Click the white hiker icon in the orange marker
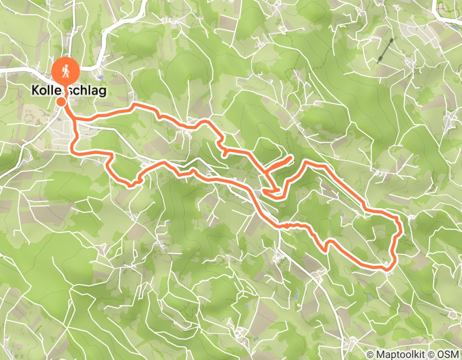click(x=66, y=71)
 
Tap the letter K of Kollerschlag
click(x=35, y=91)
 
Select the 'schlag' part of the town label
click(x=88, y=91)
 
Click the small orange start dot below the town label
click(x=61, y=101)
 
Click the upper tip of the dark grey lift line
click(x=395, y=39)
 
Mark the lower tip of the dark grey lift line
click(x=378, y=62)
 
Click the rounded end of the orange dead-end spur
click(x=291, y=157)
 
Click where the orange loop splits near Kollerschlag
click(x=75, y=121)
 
